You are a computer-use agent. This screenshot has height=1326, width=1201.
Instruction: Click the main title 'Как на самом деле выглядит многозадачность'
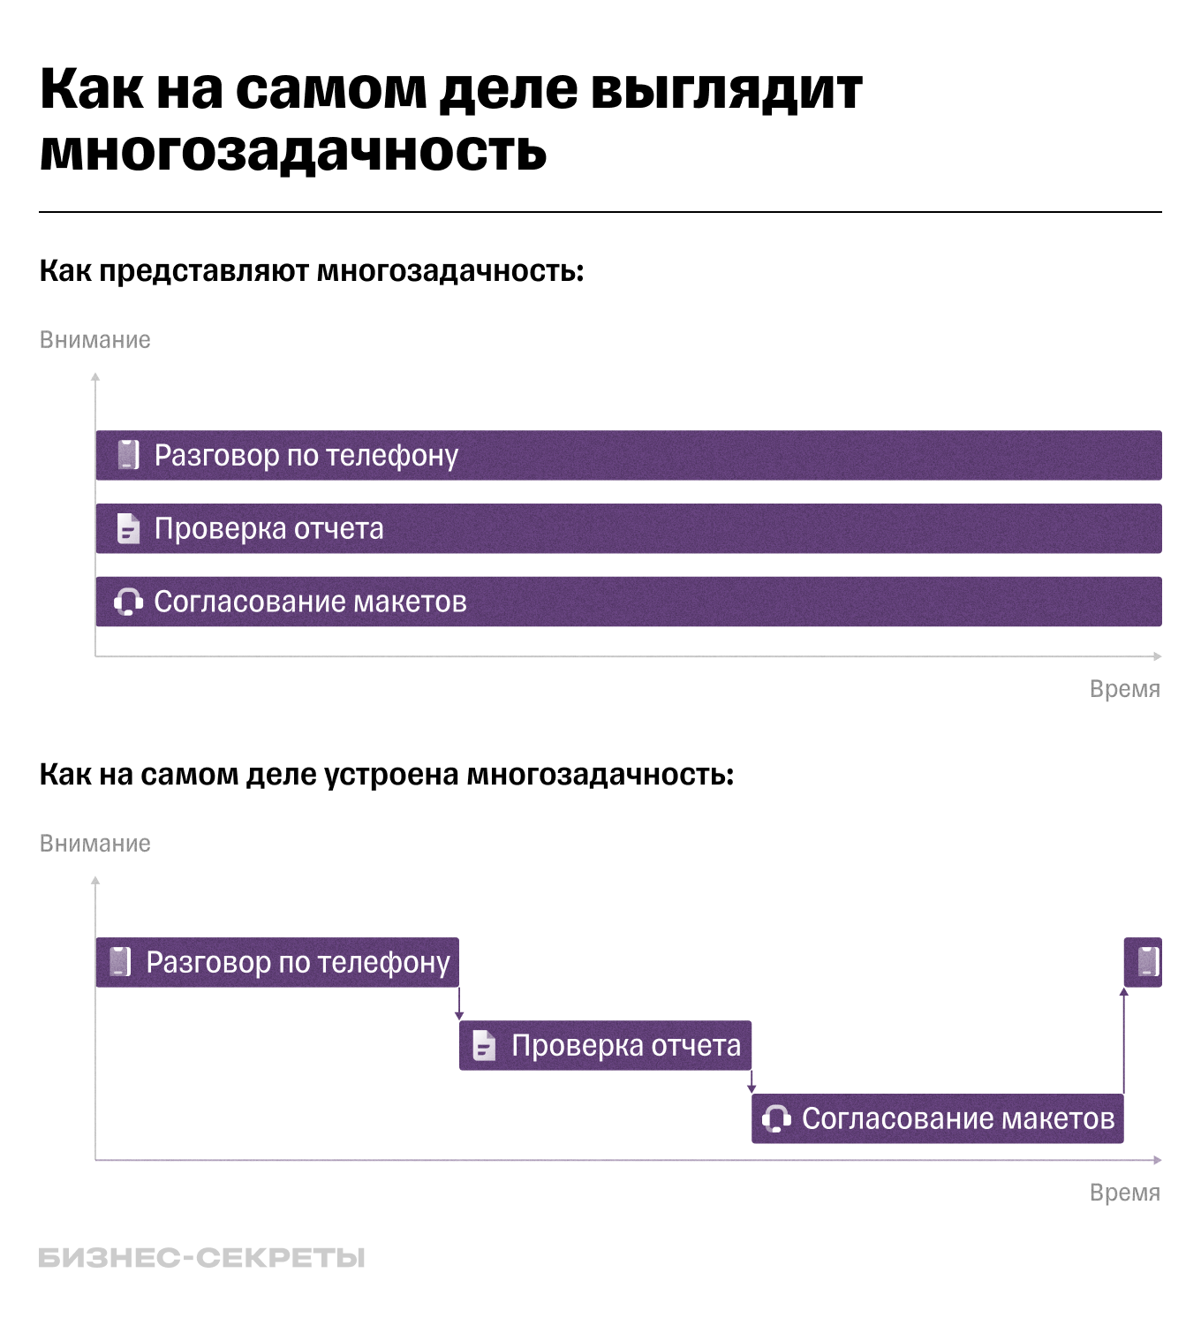point(450,119)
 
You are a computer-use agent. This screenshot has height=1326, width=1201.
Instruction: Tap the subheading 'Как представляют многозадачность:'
point(312,270)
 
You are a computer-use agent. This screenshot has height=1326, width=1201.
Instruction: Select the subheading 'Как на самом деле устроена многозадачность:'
point(387,774)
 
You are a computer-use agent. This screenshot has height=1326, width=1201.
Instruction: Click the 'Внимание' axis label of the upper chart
point(95,340)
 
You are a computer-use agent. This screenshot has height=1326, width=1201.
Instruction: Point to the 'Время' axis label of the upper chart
point(1124,689)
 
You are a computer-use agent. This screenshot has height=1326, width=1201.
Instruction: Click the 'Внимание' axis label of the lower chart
point(95,844)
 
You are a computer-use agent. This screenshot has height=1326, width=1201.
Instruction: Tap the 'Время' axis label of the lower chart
point(1124,1193)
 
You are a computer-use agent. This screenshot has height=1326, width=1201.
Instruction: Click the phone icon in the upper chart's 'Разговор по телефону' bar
point(129,455)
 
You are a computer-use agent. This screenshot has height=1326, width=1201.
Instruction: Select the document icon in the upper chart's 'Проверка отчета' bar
point(129,528)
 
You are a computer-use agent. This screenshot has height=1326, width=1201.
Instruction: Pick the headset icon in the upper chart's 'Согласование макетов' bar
point(128,602)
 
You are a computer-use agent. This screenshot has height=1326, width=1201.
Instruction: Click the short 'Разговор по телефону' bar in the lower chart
point(277,962)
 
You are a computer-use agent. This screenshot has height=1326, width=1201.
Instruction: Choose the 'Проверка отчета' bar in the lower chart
point(605,1046)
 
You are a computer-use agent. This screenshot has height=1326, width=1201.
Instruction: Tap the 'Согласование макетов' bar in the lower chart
point(937,1118)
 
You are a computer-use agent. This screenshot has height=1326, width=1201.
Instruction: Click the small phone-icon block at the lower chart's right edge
point(1143,962)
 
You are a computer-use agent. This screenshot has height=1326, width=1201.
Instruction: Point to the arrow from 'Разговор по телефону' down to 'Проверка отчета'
point(459,1004)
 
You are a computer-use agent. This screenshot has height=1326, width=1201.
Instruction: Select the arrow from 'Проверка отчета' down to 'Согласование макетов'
point(752,1082)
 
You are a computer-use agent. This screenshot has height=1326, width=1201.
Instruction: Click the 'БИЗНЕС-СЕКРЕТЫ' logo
point(201,1258)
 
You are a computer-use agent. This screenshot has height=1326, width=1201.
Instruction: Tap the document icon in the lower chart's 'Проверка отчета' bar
point(484,1046)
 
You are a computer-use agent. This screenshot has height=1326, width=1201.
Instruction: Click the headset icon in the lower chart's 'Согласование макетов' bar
point(776,1118)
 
